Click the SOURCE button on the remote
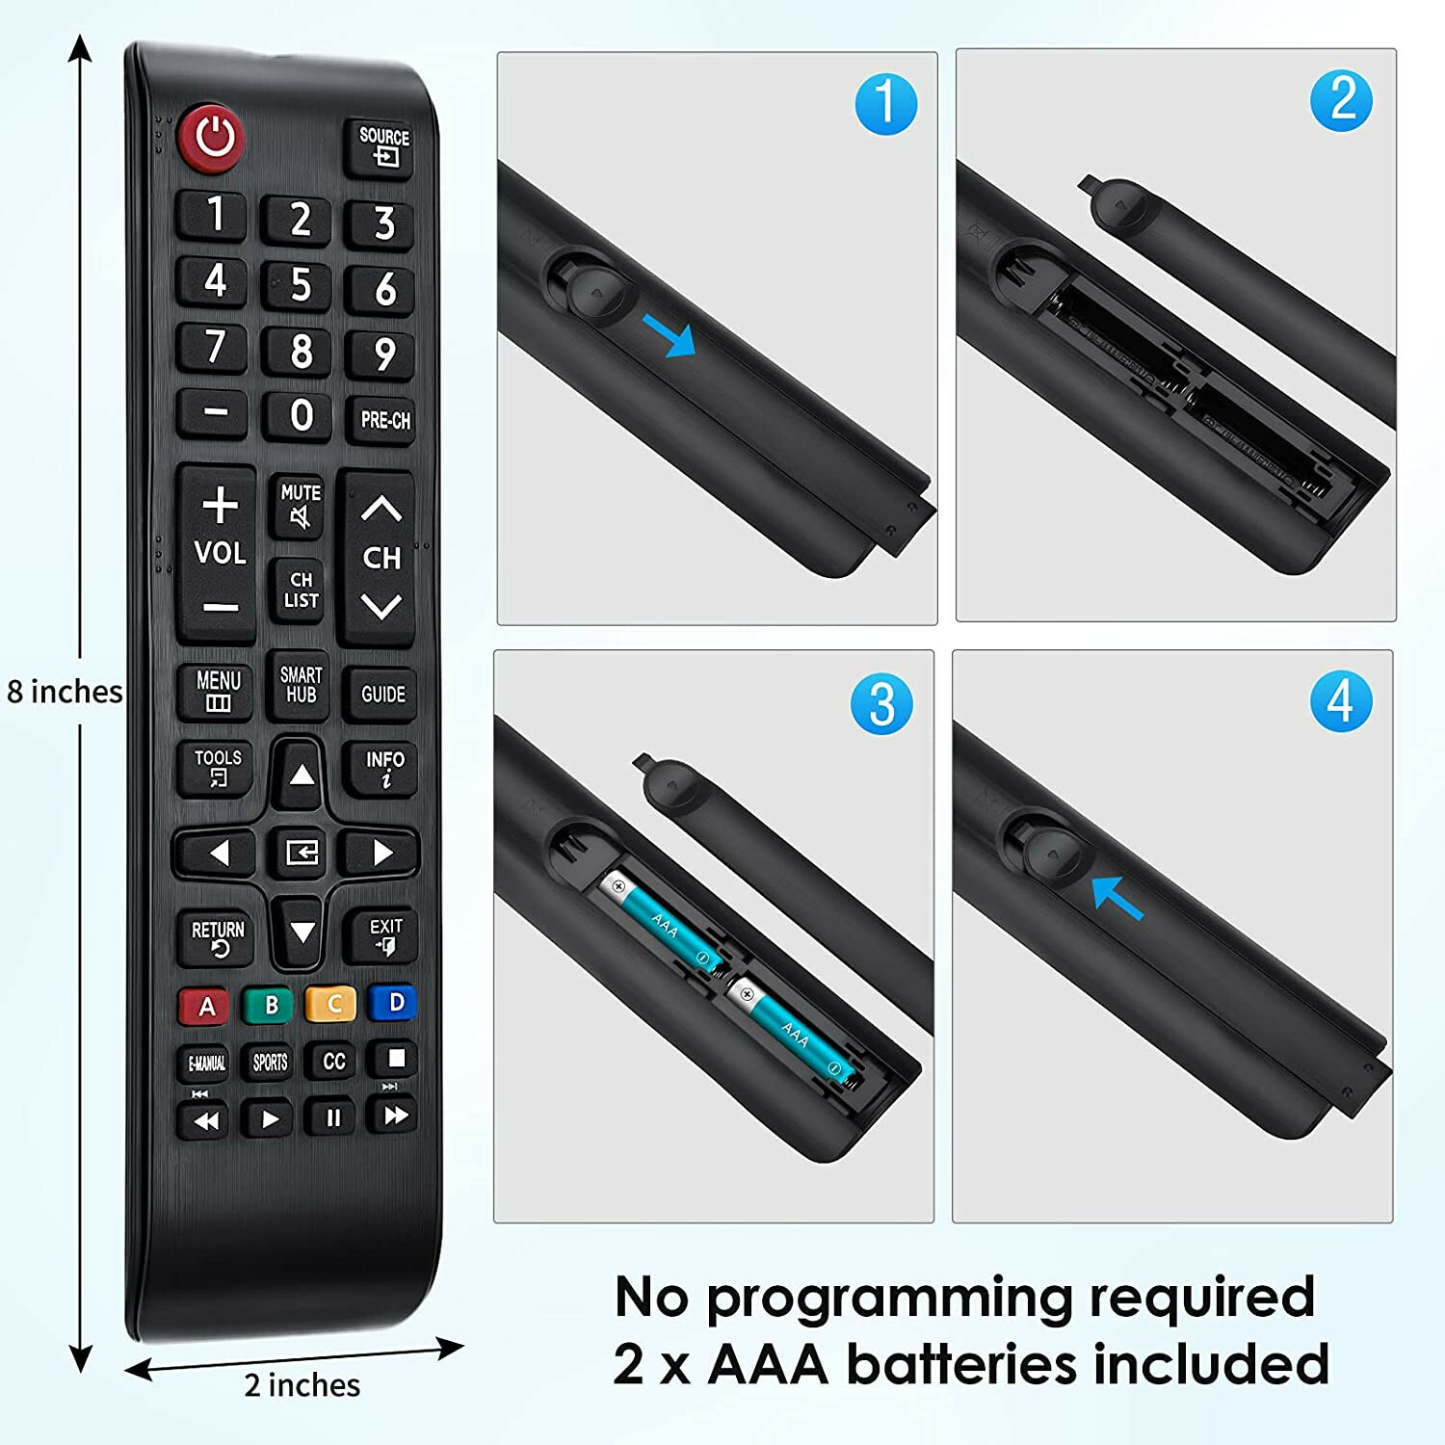(383, 146)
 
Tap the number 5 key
(301, 285)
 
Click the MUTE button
(301, 506)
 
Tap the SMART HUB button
(301, 685)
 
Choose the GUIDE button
(383, 694)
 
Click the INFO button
(384, 768)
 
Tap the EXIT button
(385, 935)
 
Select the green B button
(271, 1005)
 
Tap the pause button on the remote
(333, 1117)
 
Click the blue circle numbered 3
(881, 703)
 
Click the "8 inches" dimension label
(65, 692)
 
